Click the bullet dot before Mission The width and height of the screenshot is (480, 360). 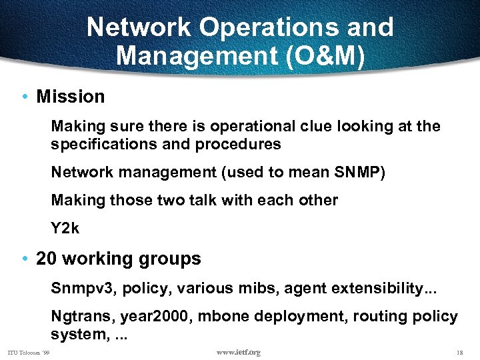point(24,97)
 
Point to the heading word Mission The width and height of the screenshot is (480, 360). point(71,97)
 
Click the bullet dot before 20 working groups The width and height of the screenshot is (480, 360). point(24,259)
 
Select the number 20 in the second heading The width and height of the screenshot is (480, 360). point(47,259)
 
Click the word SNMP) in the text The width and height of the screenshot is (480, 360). point(359,172)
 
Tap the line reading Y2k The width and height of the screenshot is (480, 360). point(65,228)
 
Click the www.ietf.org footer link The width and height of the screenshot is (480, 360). point(239,352)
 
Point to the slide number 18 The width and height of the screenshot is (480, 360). point(458,352)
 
